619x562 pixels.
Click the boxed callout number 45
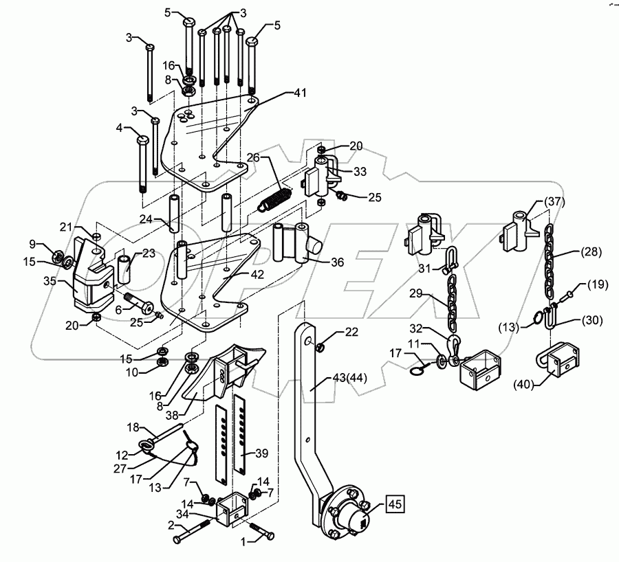pos(395,504)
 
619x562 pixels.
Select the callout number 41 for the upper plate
pos(300,93)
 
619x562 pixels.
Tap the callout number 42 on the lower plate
pos(257,274)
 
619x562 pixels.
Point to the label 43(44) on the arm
pos(350,378)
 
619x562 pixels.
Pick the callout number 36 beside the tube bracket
pos(338,262)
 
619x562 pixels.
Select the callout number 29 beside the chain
pos(416,293)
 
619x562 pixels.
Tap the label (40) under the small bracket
pos(524,384)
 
